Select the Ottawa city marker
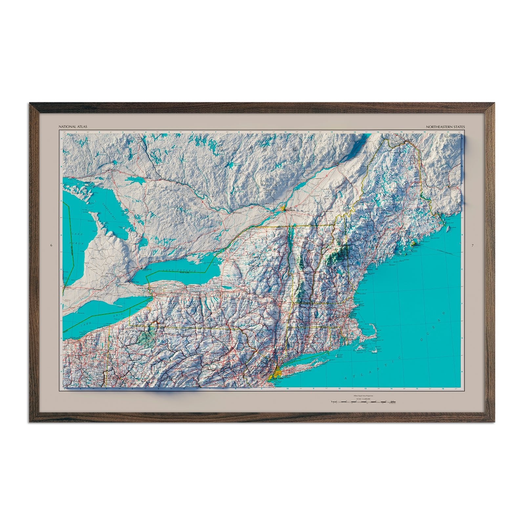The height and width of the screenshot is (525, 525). [234, 213]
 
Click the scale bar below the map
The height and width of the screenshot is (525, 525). [363, 402]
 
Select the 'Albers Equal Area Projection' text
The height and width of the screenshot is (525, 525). [363, 396]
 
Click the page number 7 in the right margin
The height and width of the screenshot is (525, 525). [472, 245]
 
